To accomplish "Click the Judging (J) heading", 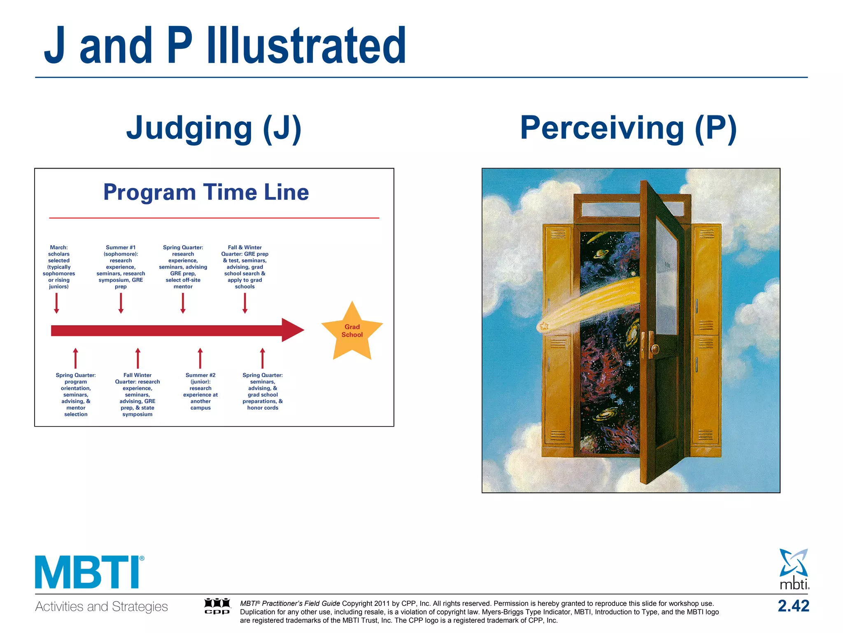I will coord(214,128).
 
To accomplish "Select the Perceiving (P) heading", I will coord(628,128).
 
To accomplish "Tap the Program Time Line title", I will coord(206,192).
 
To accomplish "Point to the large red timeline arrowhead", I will coord(293,330).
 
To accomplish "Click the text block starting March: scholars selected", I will coord(59,267).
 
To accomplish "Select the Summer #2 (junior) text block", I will coord(200,391).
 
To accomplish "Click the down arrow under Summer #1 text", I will coord(121,303).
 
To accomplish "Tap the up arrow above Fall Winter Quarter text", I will coord(138,358).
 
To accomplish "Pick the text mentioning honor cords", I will coord(263,391).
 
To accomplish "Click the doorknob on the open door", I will coord(654,349).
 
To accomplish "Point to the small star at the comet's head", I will coord(544,326).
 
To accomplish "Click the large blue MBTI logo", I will coord(88,572).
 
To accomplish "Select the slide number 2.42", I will coord(793,606).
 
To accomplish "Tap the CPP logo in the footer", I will coord(217,606).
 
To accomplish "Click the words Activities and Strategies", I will coord(101,607).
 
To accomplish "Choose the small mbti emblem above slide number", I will coord(794,569).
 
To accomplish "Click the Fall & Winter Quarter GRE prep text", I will coord(245,267).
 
